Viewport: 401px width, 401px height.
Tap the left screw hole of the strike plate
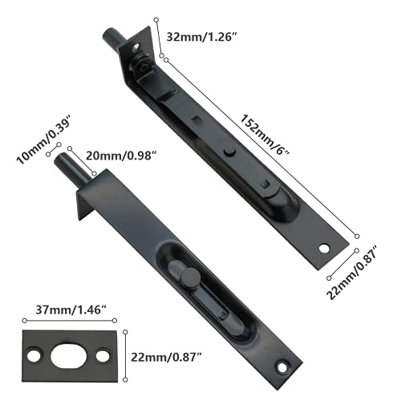(36, 354)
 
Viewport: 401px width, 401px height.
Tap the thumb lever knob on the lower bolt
(189, 277)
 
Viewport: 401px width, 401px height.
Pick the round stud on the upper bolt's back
(229, 150)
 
